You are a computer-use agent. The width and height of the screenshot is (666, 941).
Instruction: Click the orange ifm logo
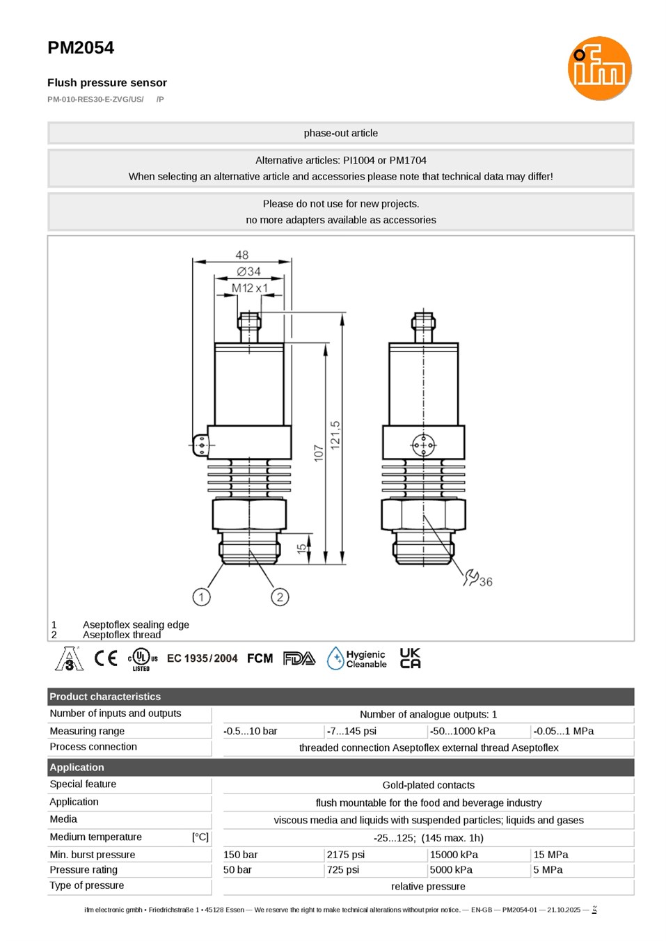(599, 68)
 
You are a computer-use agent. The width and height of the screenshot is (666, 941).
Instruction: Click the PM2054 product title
(81, 48)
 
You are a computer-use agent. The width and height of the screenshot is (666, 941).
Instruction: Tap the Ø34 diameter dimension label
(248, 271)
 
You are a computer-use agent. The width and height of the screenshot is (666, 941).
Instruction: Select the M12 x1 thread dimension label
(249, 288)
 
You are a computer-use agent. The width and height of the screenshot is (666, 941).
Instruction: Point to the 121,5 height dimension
(335, 435)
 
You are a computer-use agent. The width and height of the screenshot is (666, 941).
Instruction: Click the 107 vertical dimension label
(319, 453)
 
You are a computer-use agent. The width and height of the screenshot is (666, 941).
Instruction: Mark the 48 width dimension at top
(242, 255)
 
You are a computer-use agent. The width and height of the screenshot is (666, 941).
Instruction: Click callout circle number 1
(201, 597)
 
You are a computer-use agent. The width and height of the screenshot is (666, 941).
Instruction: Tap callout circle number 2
(280, 597)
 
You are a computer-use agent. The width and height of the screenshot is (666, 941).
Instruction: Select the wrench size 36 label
(486, 582)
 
